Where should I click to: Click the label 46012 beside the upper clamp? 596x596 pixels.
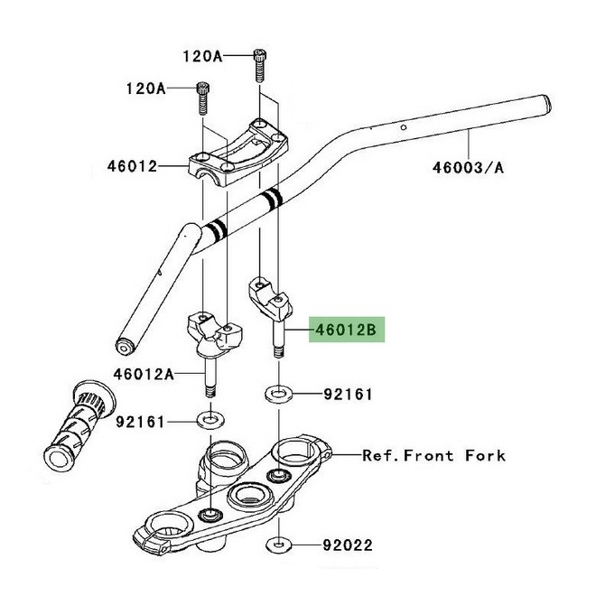click(x=132, y=166)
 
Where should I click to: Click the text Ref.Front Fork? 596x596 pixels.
click(x=433, y=455)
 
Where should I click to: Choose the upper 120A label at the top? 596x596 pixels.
click(x=203, y=55)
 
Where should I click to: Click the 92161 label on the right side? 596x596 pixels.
click(x=348, y=395)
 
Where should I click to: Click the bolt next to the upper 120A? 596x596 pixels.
click(x=260, y=62)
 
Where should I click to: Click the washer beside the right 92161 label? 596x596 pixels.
click(x=278, y=395)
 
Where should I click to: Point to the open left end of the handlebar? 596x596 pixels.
click(x=124, y=346)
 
